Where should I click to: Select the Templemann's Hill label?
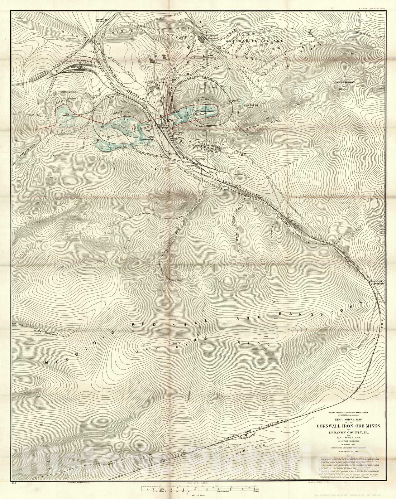pyautogui.click(x=343, y=85)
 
